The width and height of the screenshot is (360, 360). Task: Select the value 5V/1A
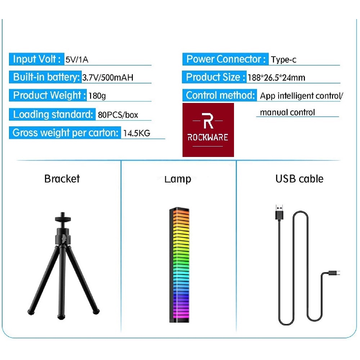[x=77, y=60]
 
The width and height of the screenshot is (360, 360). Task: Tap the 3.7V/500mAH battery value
[x=108, y=77]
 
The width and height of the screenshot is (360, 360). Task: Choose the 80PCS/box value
[x=118, y=115]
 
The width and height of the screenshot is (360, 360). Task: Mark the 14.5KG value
[x=136, y=133]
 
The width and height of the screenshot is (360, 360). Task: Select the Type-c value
[x=284, y=60]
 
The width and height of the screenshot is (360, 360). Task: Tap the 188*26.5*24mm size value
[x=276, y=77]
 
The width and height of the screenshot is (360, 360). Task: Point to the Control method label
[x=220, y=95]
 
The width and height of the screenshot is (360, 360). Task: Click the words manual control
[x=287, y=112]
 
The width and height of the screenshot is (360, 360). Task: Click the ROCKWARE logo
[x=208, y=130]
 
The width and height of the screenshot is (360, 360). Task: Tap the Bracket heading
[x=62, y=179]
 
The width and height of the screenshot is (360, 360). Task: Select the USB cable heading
[x=299, y=179]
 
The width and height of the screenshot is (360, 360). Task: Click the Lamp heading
[x=177, y=179]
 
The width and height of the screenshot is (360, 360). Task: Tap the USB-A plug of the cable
[x=279, y=212]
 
